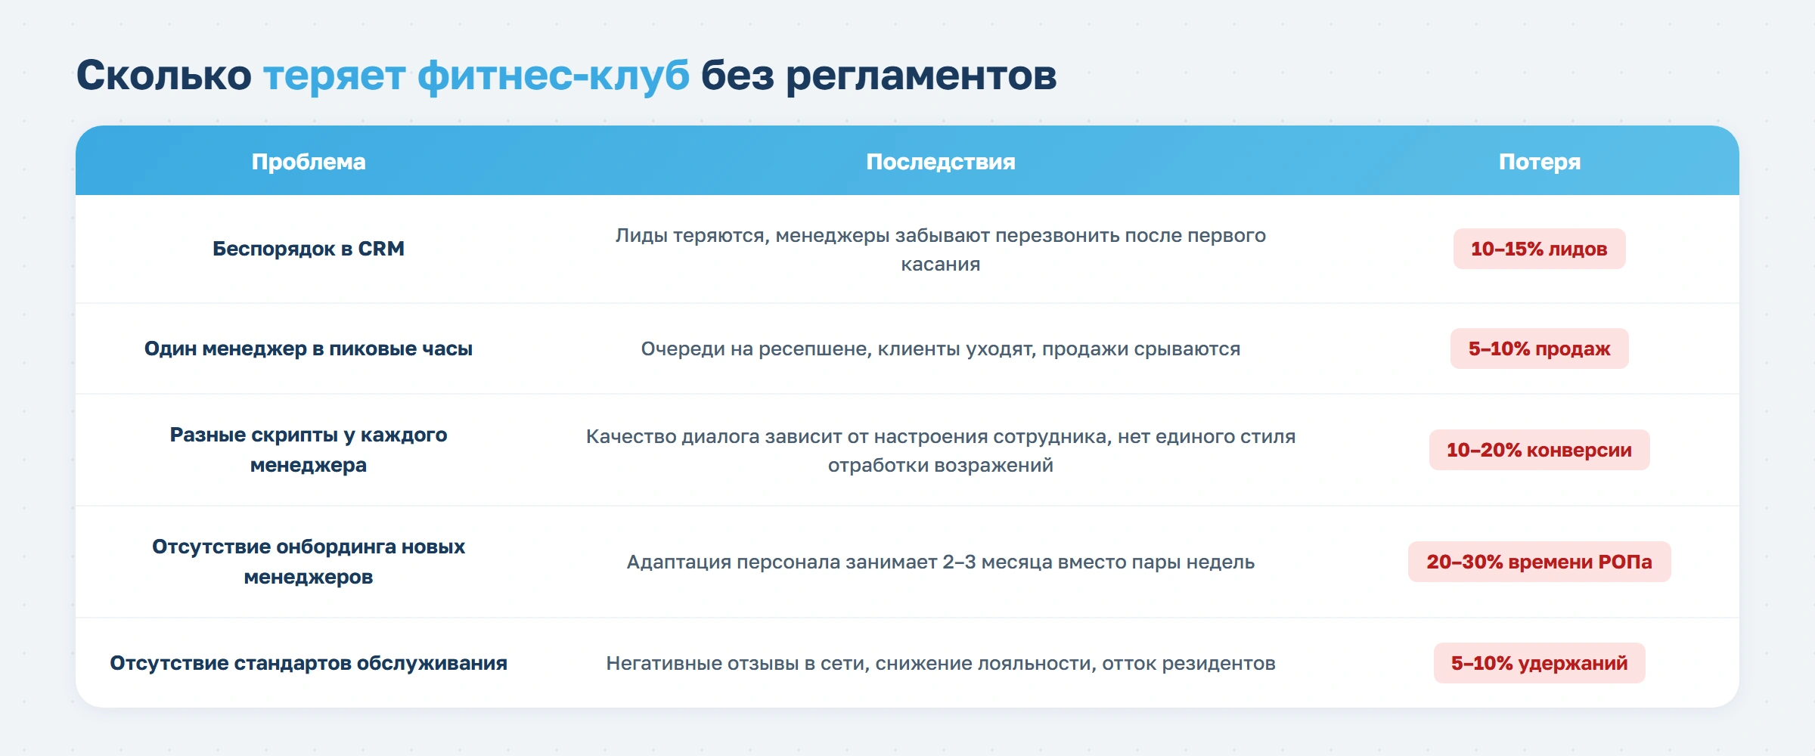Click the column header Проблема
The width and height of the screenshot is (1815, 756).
tap(309, 162)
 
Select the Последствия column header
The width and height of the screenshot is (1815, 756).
tap(940, 162)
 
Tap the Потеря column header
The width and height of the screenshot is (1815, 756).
tap(1539, 162)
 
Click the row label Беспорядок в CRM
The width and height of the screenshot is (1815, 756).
tap(308, 249)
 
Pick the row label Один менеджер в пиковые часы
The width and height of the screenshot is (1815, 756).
tap(308, 349)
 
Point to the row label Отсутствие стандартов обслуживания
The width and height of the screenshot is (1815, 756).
tap(308, 663)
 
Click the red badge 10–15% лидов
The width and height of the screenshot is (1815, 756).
tap(1539, 249)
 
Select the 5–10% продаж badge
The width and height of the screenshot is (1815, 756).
tap(1539, 349)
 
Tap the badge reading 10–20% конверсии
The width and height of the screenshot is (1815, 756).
tap(1539, 450)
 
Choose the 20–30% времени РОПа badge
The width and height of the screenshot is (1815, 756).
tap(1539, 562)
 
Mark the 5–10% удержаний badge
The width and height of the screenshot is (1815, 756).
tap(1539, 663)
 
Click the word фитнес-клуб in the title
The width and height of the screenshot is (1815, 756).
tap(553, 76)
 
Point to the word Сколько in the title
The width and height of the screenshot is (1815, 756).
tap(163, 76)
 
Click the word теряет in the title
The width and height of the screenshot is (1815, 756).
tap(334, 76)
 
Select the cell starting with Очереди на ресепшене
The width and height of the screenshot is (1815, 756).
tap(940, 349)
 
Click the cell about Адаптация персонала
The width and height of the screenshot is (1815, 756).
tap(940, 562)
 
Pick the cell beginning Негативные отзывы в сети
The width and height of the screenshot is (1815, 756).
tap(940, 663)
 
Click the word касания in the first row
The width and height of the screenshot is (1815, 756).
tap(940, 265)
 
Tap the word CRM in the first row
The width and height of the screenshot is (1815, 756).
tap(381, 249)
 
